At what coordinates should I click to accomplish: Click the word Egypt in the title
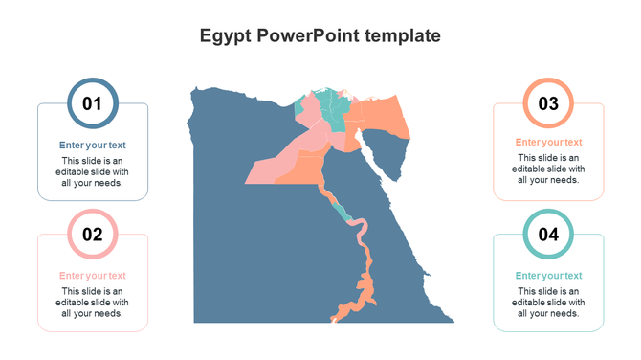pyautogui.click(x=224, y=36)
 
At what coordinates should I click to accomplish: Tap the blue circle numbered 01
pyautogui.click(x=93, y=102)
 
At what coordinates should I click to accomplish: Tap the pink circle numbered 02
pyautogui.click(x=93, y=234)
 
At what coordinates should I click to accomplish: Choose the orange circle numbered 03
pyautogui.click(x=548, y=102)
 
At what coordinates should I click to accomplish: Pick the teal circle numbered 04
pyautogui.click(x=548, y=234)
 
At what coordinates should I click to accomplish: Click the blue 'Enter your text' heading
pyautogui.click(x=93, y=146)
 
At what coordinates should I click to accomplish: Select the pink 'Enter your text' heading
pyautogui.click(x=93, y=276)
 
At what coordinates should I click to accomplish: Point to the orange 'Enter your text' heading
pyautogui.click(x=548, y=143)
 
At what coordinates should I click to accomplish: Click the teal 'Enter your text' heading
pyautogui.click(x=548, y=276)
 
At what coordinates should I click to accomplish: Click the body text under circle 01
pyautogui.click(x=93, y=170)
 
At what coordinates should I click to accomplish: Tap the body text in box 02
pyautogui.click(x=93, y=302)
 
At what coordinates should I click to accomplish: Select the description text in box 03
pyautogui.click(x=548, y=169)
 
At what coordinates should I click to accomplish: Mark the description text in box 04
pyautogui.click(x=548, y=302)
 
